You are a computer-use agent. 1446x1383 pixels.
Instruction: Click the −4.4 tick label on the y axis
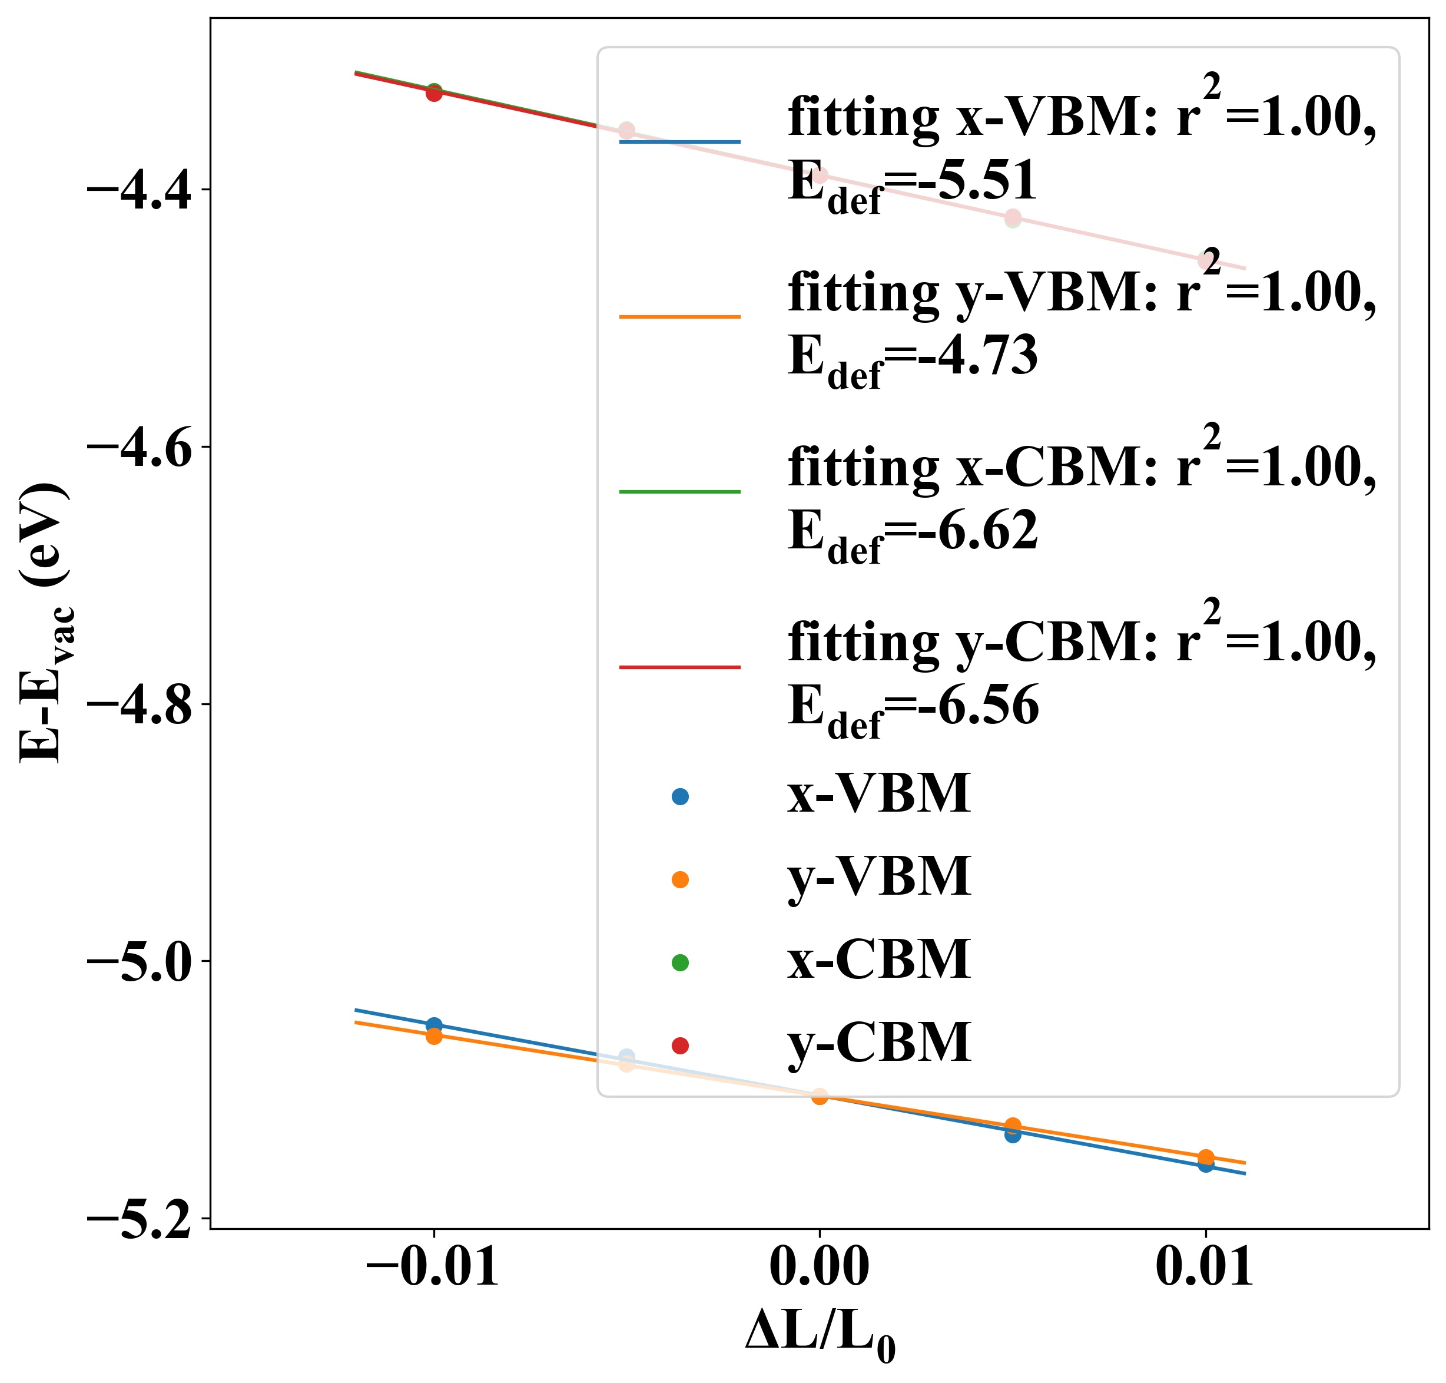(x=140, y=190)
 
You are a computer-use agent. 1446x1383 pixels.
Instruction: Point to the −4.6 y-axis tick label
(x=140, y=446)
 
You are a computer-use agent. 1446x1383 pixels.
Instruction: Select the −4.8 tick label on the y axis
(x=140, y=704)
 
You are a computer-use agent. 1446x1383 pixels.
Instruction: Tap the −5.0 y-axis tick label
(x=140, y=961)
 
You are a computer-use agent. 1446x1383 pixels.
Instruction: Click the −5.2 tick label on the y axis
(x=140, y=1218)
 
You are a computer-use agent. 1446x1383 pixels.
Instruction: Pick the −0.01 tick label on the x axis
(x=433, y=1269)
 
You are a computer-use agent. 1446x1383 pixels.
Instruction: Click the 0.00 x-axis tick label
(x=819, y=1269)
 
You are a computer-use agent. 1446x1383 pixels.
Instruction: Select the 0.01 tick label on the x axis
(x=1204, y=1269)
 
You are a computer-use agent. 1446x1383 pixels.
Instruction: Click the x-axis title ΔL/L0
(x=820, y=1336)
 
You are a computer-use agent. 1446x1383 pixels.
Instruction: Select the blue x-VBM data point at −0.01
(x=434, y=1025)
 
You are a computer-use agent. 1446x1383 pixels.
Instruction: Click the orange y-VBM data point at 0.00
(x=820, y=1096)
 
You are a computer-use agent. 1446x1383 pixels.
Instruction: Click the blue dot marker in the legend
(x=680, y=796)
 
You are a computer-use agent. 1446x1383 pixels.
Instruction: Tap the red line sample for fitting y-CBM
(x=679, y=667)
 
